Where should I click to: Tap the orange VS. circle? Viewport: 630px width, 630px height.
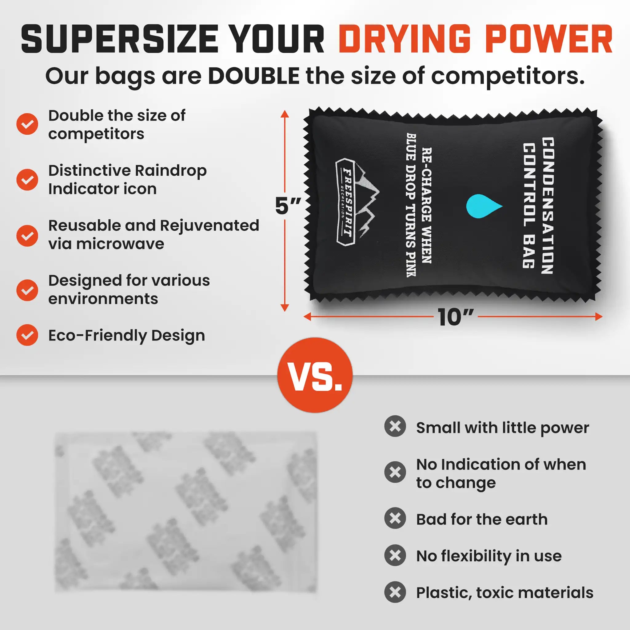(x=315, y=375)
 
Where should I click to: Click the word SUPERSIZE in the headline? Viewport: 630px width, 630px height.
(x=119, y=40)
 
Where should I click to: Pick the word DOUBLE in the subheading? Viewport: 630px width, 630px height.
(x=254, y=76)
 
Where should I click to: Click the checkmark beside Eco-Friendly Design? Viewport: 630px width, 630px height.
(x=27, y=335)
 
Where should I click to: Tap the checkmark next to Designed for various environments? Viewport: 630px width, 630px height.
(x=27, y=290)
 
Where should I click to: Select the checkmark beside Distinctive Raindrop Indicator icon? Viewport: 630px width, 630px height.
(x=27, y=180)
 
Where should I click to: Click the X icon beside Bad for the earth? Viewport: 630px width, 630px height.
(x=395, y=519)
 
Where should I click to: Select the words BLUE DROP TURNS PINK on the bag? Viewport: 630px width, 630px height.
(x=411, y=205)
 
